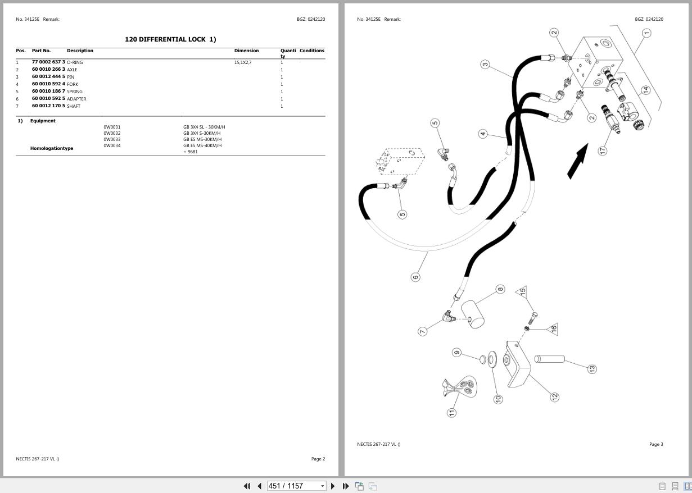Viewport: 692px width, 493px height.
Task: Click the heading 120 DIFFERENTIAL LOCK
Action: [170, 39]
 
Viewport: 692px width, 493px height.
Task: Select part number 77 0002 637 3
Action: [48, 62]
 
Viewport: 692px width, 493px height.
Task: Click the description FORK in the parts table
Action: [73, 84]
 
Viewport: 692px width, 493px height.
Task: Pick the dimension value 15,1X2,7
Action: [243, 62]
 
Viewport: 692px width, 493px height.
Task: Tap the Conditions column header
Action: [311, 51]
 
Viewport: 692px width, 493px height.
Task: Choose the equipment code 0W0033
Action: [112, 139]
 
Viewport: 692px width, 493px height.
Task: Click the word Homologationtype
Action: [52, 148]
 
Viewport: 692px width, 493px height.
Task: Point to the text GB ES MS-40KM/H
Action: [202, 145]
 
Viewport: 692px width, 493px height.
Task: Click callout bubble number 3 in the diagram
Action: [485, 65]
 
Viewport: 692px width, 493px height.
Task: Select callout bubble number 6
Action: [415, 277]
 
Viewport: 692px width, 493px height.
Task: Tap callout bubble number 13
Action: [591, 369]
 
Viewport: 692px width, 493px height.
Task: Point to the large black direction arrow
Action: [577, 162]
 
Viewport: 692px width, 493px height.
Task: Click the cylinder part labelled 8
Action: [473, 314]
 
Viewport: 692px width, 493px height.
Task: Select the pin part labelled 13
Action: [549, 359]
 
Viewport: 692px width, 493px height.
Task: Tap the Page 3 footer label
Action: [656, 444]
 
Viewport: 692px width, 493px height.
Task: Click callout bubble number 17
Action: [603, 150]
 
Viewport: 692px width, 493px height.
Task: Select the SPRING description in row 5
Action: [75, 92]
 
